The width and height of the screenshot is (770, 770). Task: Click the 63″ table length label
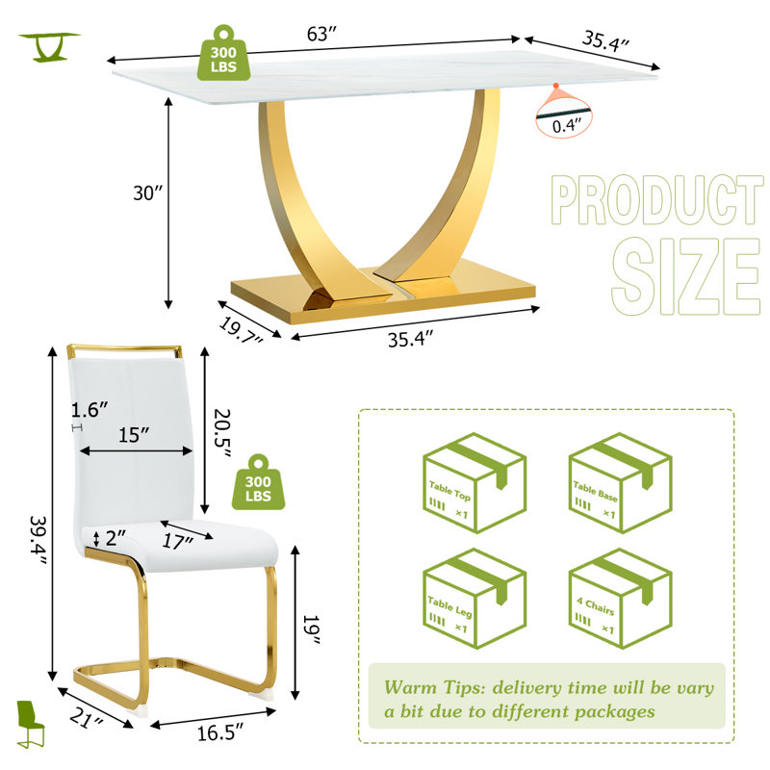tap(322, 34)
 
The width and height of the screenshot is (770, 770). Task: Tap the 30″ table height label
tap(147, 193)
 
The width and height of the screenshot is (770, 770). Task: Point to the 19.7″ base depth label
tap(240, 331)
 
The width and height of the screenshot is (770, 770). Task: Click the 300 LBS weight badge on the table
tap(223, 54)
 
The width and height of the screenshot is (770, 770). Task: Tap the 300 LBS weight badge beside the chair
tap(258, 482)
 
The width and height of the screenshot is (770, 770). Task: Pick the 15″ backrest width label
tap(134, 435)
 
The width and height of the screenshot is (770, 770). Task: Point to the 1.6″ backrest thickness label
tap(90, 410)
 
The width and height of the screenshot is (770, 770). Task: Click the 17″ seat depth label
tap(177, 541)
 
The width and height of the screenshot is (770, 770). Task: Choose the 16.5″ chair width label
tap(220, 733)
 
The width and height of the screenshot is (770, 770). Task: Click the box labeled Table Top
tap(475, 483)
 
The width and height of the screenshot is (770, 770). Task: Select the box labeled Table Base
tap(620, 483)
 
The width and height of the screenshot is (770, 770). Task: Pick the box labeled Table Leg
tap(475, 599)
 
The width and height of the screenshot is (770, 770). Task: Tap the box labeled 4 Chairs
tap(620, 599)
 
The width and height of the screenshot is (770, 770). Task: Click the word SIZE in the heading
tap(686, 276)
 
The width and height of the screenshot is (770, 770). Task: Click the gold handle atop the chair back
tap(124, 348)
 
